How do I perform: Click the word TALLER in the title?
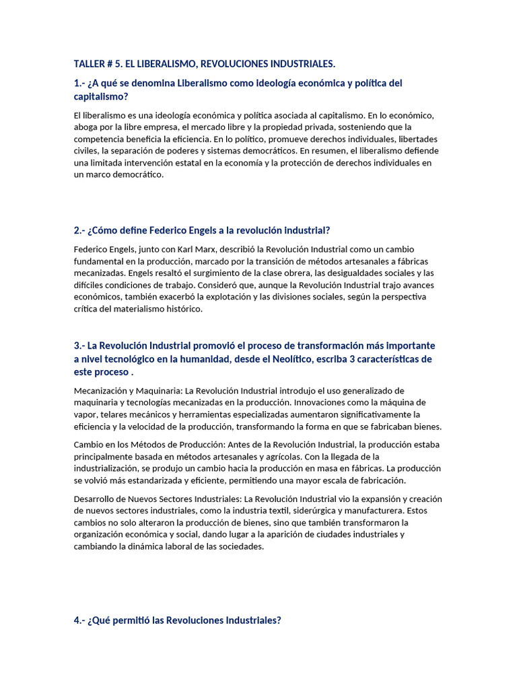click(x=90, y=64)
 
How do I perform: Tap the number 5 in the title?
click(x=118, y=64)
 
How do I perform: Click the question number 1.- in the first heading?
click(x=79, y=83)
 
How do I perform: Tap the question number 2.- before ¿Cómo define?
click(x=79, y=230)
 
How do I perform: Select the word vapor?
click(x=85, y=414)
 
